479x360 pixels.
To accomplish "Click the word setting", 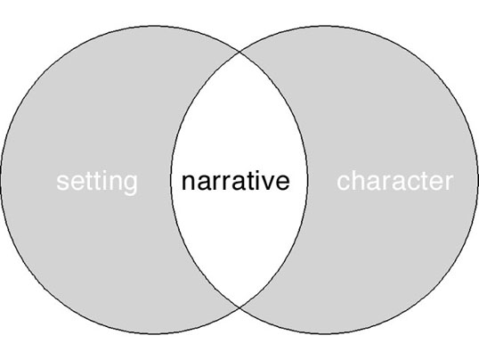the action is (x=97, y=183).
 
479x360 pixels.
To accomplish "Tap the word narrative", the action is (x=236, y=181).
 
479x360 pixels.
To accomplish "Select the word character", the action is (x=395, y=181).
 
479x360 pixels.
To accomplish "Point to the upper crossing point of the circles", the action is (x=239, y=53).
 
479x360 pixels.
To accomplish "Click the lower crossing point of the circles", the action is (x=239, y=307).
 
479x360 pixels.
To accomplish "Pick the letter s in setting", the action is (x=62, y=183).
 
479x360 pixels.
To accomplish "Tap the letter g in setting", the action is (x=131, y=185).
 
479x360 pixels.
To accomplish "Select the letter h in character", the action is (x=357, y=181).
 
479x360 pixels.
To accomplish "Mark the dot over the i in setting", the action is (x=104, y=173).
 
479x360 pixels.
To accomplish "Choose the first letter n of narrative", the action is (x=188, y=183).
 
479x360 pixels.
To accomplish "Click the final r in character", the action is (x=450, y=183).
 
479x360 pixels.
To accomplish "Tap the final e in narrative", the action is (x=282, y=184).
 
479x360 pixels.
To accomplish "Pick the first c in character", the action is (x=344, y=184).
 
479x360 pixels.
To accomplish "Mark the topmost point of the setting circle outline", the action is (x=154, y=26).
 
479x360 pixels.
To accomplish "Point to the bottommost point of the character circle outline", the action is (x=324, y=333).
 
